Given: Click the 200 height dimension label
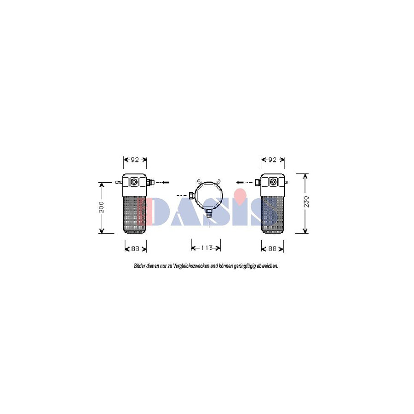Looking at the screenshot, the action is (x=102, y=207).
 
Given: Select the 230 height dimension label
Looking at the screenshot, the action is (x=306, y=202).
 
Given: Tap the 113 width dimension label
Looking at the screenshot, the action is (x=207, y=248).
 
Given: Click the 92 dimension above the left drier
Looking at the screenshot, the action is (x=135, y=160).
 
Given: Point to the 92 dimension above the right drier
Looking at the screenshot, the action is (x=272, y=160).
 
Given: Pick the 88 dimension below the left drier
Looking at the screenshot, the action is (x=135, y=249).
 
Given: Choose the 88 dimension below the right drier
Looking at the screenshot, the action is (x=272, y=249).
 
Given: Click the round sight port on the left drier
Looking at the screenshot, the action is (x=134, y=182).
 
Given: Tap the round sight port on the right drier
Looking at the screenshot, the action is (x=273, y=182).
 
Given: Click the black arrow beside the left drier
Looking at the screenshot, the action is (x=166, y=182).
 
